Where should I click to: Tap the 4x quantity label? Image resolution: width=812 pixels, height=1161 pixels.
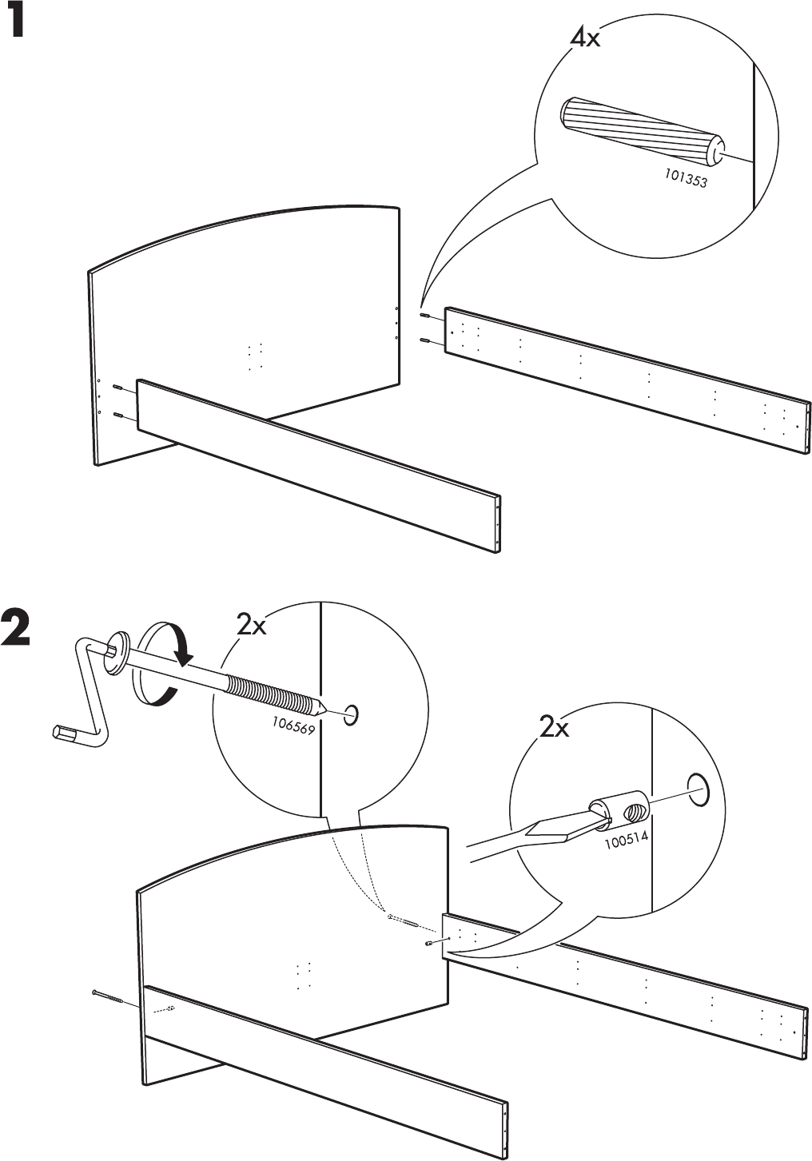click(584, 37)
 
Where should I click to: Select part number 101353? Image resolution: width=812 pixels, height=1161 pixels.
click(685, 181)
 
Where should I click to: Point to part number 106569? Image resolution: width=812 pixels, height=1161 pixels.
click(293, 727)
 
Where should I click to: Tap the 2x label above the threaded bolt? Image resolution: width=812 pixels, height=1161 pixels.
click(251, 626)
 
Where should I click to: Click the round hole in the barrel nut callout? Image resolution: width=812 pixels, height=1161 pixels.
click(697, 787)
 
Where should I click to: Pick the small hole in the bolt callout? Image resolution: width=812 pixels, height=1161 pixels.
click(350, 714)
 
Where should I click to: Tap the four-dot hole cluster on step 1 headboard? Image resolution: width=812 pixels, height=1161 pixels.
click(255, 357)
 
